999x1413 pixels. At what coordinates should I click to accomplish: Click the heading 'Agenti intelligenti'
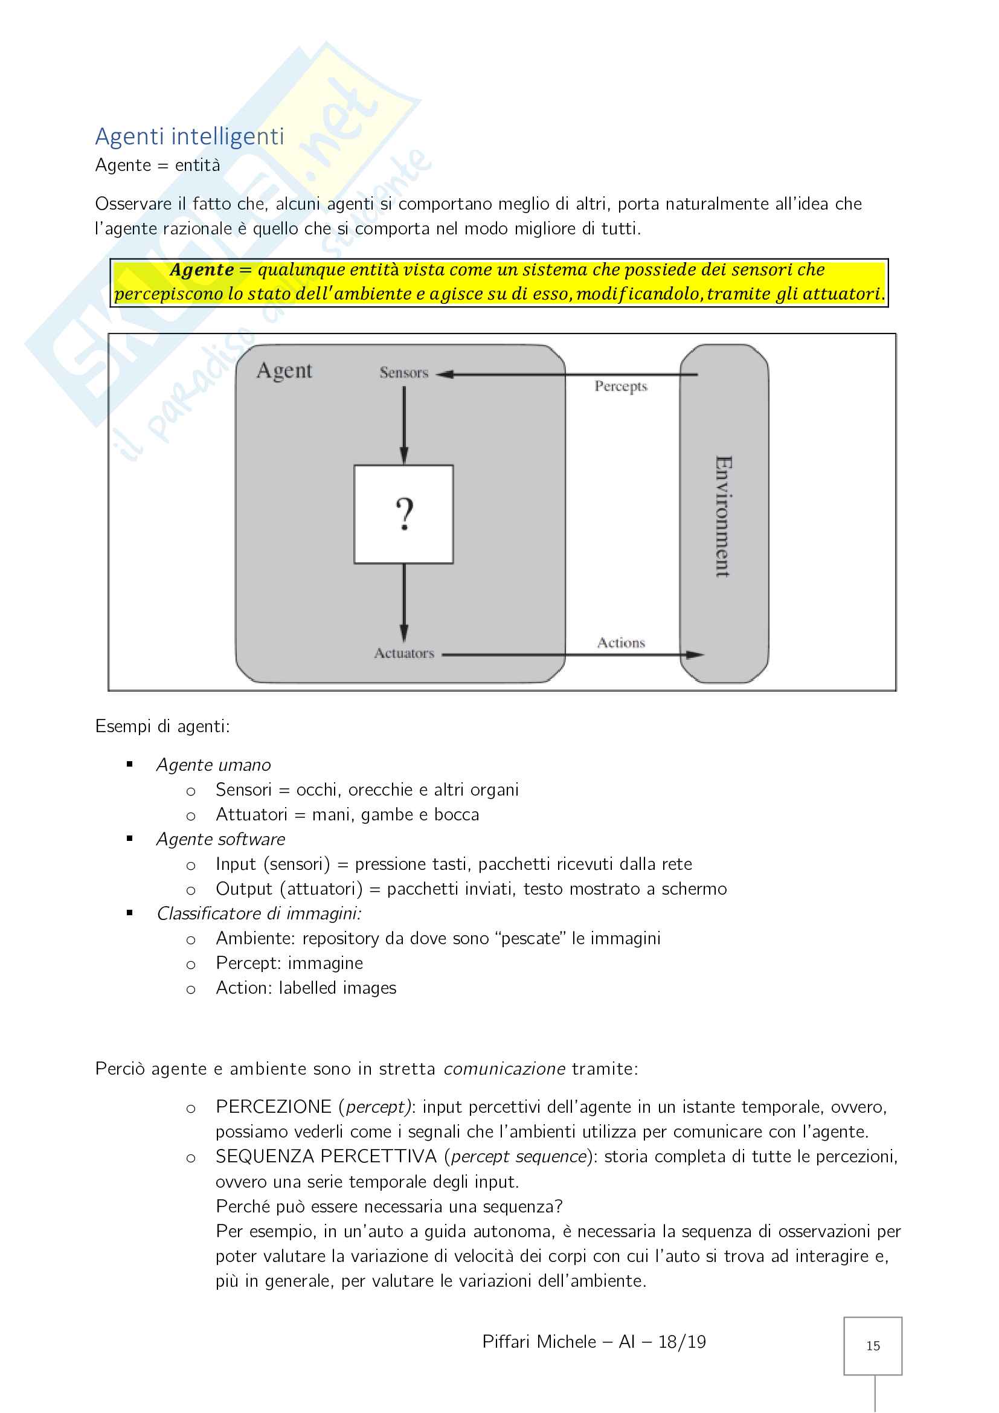(x=190, y=137)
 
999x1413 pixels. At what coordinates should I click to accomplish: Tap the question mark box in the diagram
(x=403, y=514)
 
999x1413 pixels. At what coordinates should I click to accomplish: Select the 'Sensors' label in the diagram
(x=403, y=372)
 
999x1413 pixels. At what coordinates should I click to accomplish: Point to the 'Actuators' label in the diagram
(x=404, y=653)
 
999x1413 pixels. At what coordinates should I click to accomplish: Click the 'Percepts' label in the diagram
(x=621, y=387)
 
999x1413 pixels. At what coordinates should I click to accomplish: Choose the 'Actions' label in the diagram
(x=621, y=643)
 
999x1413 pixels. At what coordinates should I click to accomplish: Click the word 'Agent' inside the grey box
(x=284, y=370)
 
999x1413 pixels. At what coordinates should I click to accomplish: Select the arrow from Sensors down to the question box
(x=404, y=425)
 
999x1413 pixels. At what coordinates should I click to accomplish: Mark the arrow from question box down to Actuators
(x=404, y=603)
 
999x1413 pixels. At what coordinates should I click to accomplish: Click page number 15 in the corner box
(x=872, y=1346)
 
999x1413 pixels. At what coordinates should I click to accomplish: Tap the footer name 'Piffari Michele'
(x=539, y=1342)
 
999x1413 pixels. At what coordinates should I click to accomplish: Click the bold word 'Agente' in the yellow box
(x=202, y=270)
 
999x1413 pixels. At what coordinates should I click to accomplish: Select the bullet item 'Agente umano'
(x=213, y=765)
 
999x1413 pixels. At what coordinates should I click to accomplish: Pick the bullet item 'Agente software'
(x=221, y=840)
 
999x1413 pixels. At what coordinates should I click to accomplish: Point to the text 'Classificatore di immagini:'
(x=259, y=913)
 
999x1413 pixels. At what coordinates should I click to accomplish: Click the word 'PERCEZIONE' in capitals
(x=274, y=1107)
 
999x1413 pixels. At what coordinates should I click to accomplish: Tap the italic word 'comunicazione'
(x=504, y=1069)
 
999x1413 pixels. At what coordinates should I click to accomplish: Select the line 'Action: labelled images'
(x=306, y=988)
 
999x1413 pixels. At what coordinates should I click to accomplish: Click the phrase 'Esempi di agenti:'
(x=162, y=727)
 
